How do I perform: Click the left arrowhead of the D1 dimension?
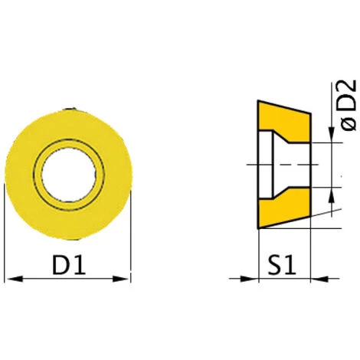point(15,279)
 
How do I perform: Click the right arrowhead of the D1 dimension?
point(120,279)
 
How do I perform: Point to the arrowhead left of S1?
point(249,279)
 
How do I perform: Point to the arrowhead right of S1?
point(319,279)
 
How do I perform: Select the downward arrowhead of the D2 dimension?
point(332,134)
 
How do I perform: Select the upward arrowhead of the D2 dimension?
point(332,195)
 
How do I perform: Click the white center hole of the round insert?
point(69,175)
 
